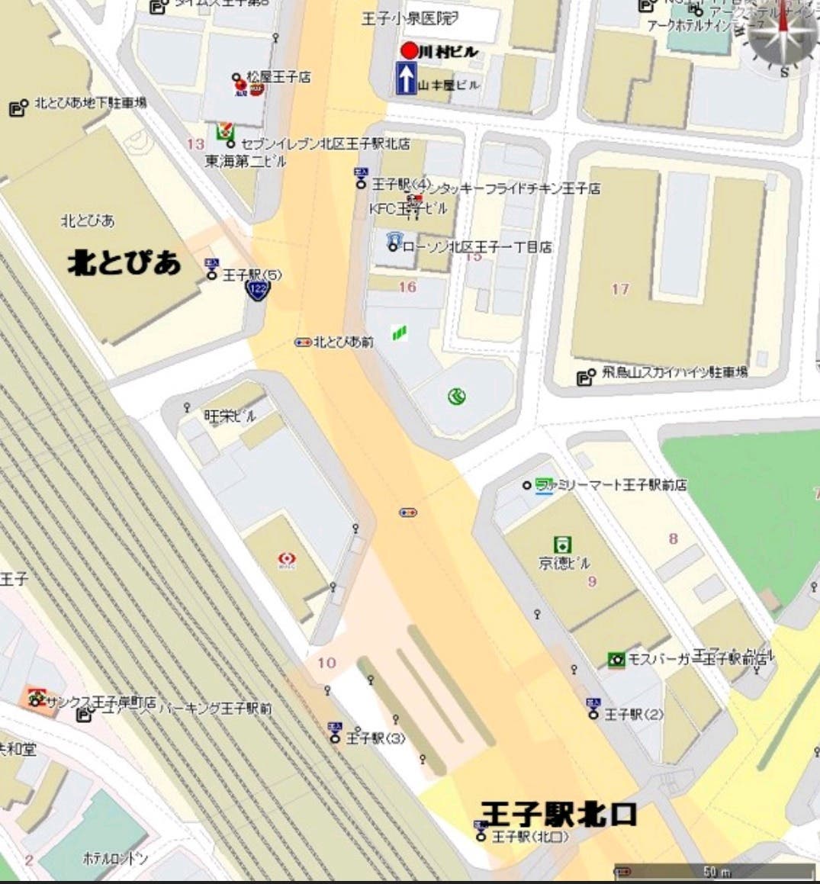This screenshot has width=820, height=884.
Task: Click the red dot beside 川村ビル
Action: pos(410,51)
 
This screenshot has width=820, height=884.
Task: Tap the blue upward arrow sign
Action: pos(407,79)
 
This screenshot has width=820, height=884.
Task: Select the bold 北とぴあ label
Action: pos(124,262)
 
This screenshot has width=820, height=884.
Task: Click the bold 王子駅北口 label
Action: pos(558,813)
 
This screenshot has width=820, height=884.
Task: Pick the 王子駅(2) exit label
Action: pos(633,714)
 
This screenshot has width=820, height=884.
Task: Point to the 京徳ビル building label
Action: pos(564,563)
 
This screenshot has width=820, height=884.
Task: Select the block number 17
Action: pos(619,289)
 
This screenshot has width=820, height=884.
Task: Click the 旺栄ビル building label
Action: pos(230,416)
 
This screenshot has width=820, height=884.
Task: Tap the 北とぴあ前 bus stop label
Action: pos(343,342)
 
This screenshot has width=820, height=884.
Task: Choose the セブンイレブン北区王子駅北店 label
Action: pos(325,143)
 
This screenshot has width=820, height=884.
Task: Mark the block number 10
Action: pos(326,662)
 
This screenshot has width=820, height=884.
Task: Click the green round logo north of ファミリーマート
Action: pos(456,395)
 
